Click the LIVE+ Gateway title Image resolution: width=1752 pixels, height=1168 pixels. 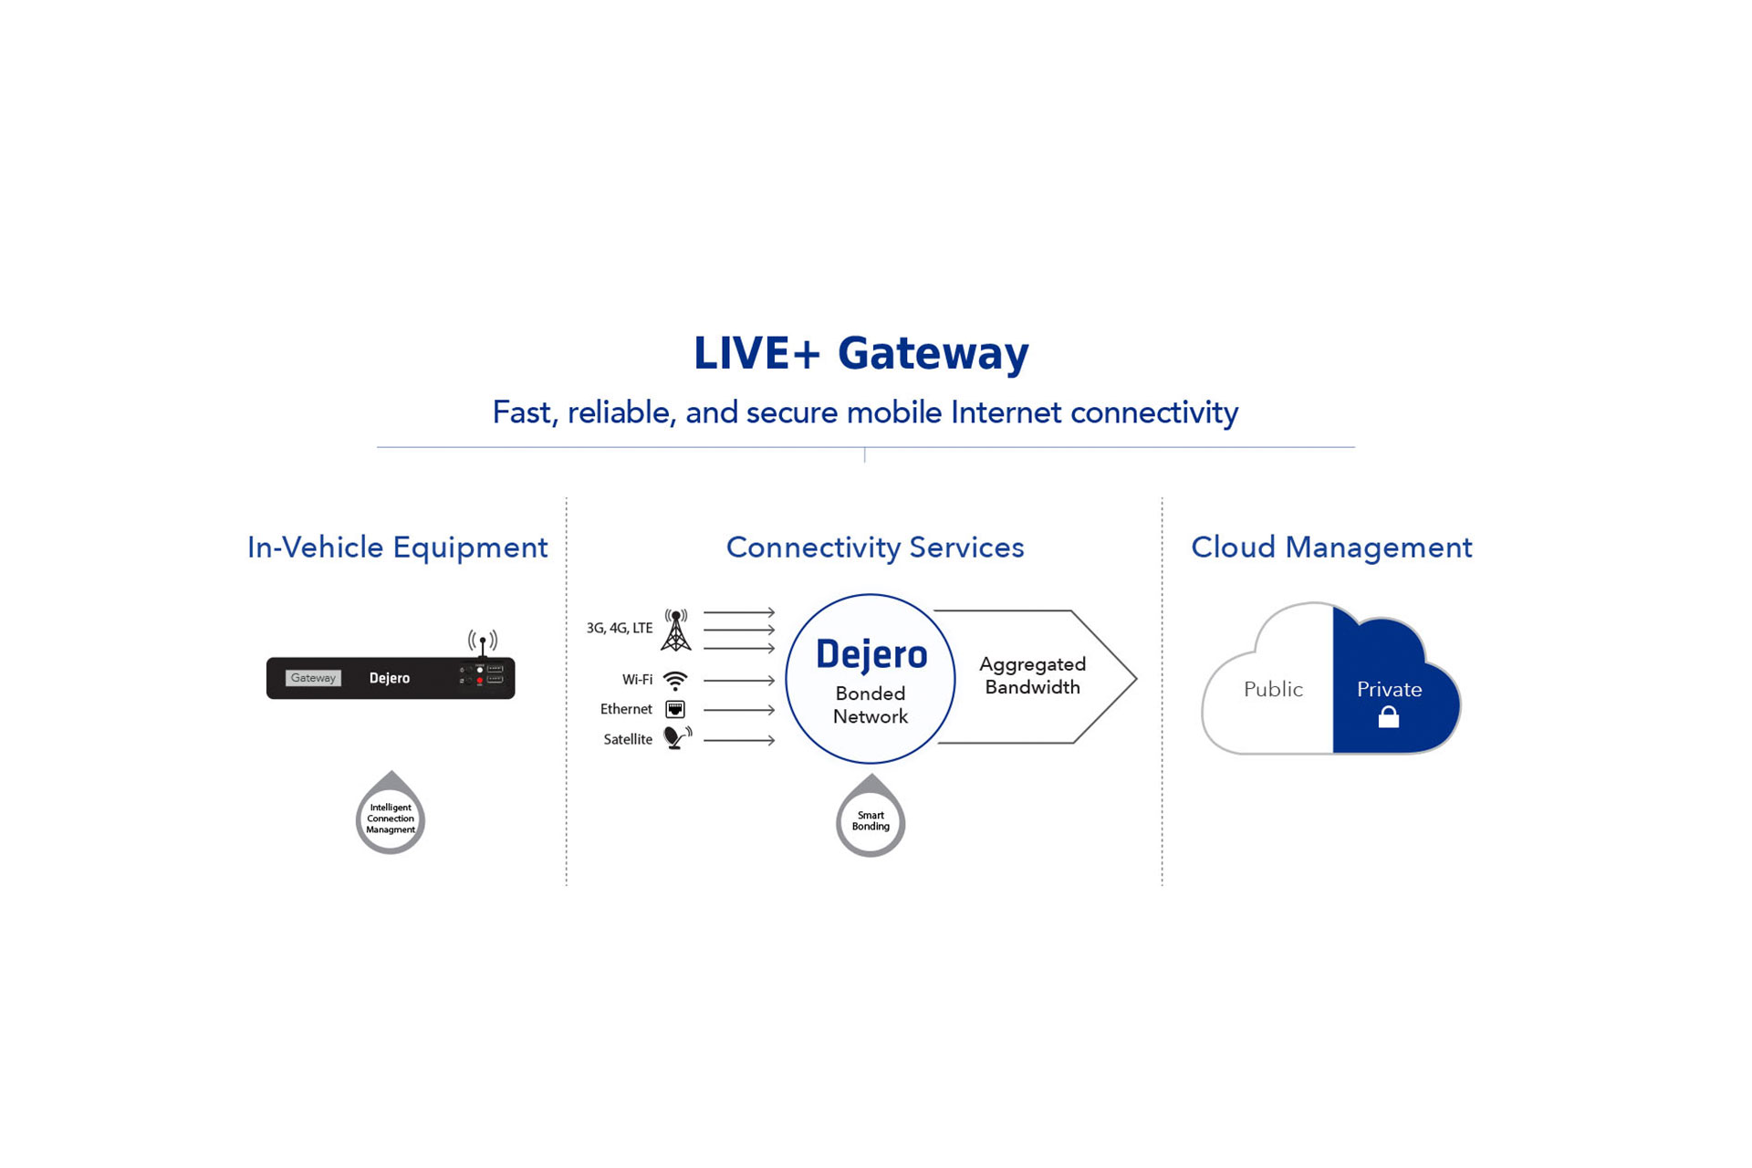click(x=860, y=354)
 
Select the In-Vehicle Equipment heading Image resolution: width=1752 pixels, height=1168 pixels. click(x=397, y=547)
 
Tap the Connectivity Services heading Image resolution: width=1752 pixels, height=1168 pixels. click(x=874, y=547)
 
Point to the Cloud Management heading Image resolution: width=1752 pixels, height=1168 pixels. click(x=1331, y=547)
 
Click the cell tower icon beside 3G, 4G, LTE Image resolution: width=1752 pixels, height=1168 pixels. click(x=675, y=630)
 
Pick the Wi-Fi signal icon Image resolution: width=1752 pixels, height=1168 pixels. click(x=675, y=681)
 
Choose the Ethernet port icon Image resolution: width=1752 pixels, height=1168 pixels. click(x=675, y=709)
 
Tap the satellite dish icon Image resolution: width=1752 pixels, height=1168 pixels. click(x=676, y=737)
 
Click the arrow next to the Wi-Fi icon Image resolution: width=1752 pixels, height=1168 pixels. click(x=739, y=681)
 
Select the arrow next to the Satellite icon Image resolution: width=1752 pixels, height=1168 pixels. click(x=739, y=740)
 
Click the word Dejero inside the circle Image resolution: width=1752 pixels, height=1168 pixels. click(x=871, y=655)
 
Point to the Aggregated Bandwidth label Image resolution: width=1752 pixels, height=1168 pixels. click(x=1032, y=676)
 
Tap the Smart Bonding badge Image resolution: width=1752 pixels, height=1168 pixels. click(x=871, y=820)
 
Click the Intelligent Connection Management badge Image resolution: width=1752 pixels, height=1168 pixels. click(x=391, y=818)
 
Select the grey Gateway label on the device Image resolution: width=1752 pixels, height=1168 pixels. click(x=313, y=678)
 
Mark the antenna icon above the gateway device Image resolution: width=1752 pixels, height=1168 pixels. click(x=483, y=641)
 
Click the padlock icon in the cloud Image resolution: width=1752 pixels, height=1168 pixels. click(x=1388, y=717)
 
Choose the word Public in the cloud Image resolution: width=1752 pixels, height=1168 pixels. click(x=1273, y=690)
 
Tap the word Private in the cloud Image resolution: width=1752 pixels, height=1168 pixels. click(x=1389, y=690)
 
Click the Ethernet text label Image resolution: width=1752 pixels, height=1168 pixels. click(x=626, y=709)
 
